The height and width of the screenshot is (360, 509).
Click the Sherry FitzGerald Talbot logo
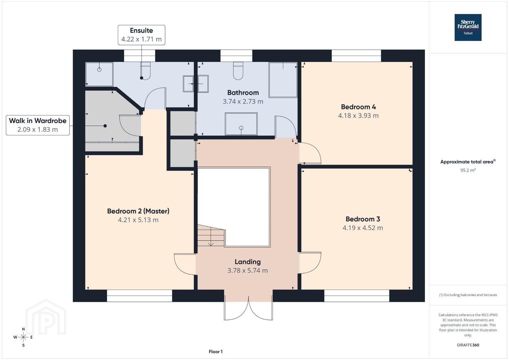(468, 27)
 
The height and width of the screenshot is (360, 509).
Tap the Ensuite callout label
(141, 35)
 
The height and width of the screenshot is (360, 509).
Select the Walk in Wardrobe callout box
(38, 125)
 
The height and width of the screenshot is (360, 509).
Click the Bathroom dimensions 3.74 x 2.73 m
(243, 101)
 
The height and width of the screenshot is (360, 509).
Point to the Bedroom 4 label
(358, 107)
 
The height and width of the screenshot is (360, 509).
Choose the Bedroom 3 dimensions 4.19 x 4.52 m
(363, 228)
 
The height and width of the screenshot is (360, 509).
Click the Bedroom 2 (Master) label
(138, 211)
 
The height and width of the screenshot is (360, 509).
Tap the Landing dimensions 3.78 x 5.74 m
(247, 270)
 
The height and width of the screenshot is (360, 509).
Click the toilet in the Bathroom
(238, 71)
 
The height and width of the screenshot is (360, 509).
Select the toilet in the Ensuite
(145, 71)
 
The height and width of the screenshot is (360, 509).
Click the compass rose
(23, 337)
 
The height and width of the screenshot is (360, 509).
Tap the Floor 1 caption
(216, 352)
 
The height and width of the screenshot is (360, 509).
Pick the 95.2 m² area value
(468, 170)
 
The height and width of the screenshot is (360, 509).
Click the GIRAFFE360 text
(468, 345)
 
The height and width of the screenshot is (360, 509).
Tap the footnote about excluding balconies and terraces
(468, 295)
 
